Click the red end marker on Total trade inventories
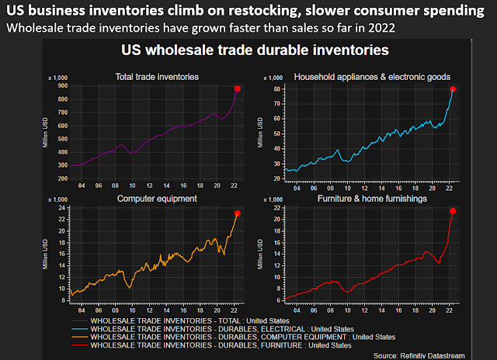tap(238, 89)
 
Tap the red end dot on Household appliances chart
tap(453, 89)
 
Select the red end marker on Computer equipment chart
tap(238, 214)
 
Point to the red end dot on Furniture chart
tap(453, 211)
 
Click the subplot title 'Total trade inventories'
tap(155, 76)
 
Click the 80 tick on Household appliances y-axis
tap(276, 89)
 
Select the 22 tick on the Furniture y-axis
tap(276, 209)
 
